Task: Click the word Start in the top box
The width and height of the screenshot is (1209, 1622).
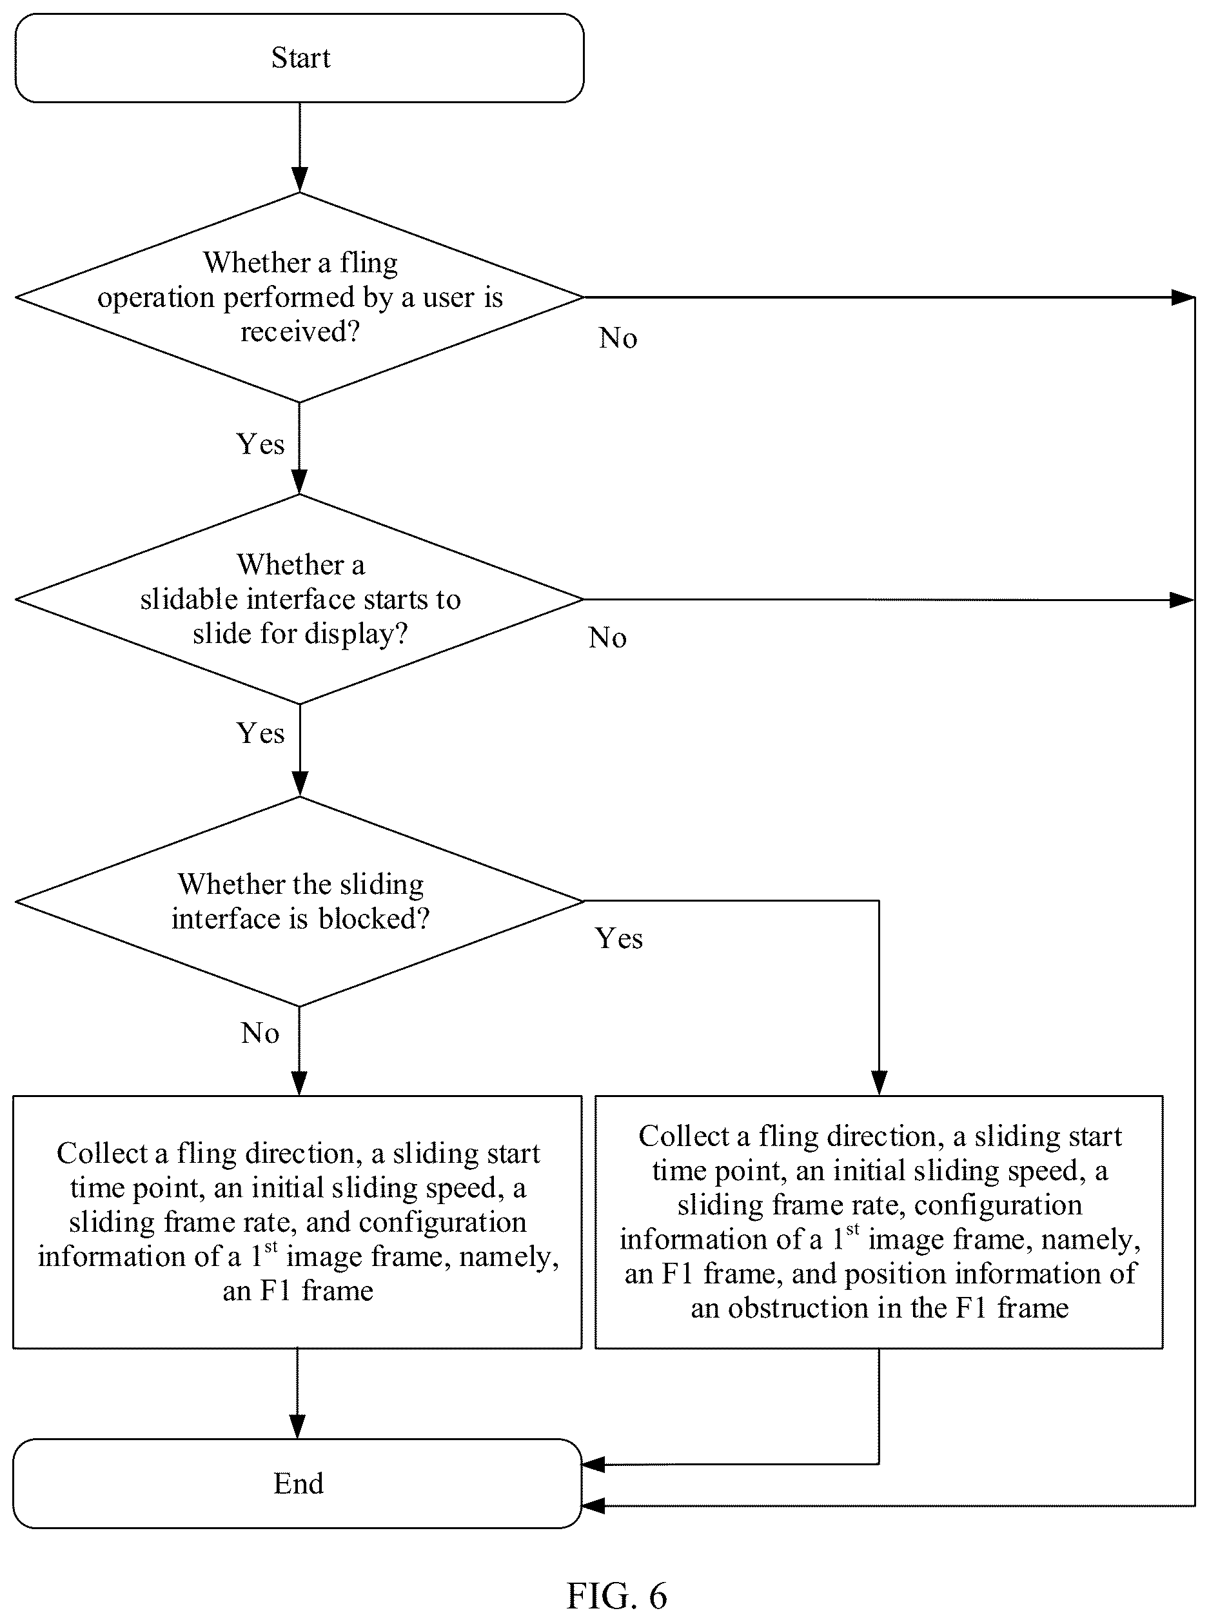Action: click(300, 58)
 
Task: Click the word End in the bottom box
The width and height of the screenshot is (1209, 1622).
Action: click(299, 1483)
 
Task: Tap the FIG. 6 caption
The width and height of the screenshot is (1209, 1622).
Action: click(617, 1596)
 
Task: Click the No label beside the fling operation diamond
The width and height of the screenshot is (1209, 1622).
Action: click(618, 338)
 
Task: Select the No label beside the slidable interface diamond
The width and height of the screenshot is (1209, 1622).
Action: click(607, 638)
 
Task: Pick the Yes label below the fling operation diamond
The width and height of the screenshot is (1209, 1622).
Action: click(260, 444)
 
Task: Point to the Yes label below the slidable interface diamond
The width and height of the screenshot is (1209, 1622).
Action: click(260, 733)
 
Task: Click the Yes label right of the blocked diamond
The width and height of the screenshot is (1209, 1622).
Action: click(619, 938)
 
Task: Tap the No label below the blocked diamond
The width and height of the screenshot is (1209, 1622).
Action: click(260, 1033)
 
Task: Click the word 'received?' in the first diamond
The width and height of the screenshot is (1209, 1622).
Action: click(300, 331)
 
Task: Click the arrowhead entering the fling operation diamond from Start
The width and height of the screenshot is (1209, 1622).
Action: click(299, 180)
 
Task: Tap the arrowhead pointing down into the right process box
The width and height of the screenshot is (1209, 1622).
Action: click(879, 1083)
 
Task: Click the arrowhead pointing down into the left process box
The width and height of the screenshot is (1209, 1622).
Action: click(299, 1083)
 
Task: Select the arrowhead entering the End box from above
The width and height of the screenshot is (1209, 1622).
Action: click(298, 1427)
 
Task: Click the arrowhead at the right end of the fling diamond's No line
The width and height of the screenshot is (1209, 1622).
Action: click(1183, 298)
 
